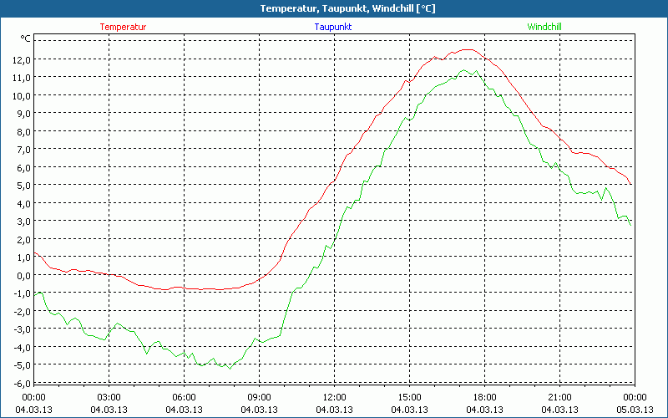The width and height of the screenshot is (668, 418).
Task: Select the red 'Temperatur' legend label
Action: pyautogui.click(x=123, y=27)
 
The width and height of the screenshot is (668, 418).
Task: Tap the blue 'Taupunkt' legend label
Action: pyautogui.click(x=333, y=27)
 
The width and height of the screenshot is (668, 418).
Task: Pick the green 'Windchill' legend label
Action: pyautogui.click(x=544, y=27)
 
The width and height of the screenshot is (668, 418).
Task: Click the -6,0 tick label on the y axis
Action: pyautogui.click(x=19, y=382)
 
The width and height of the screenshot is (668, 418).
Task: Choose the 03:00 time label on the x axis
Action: pyautogui.click(x=109, y=397)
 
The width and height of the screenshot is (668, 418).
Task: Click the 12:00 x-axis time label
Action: pyautogui.click(x=334, y=397)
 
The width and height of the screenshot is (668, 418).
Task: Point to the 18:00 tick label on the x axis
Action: pyautogui.click(x=484, y=397)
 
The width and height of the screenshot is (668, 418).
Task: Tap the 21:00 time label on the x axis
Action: pyautogui.click(x=559, y=397)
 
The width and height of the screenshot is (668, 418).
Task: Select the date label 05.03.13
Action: pyautogui.click(x=635, y=409)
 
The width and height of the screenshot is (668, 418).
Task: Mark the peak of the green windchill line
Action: pyautogui.click(x=464, y=70)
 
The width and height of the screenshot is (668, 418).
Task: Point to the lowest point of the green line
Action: pyautogui.click(x=229, y=368)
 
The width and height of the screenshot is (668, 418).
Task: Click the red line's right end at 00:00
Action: pyautogui.click(x=631, y=184)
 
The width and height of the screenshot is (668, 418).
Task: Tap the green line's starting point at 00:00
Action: pyautogui.click(x=34, y=294)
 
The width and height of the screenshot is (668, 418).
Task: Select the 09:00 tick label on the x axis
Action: pyautogui.click(x=259, y=397)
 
